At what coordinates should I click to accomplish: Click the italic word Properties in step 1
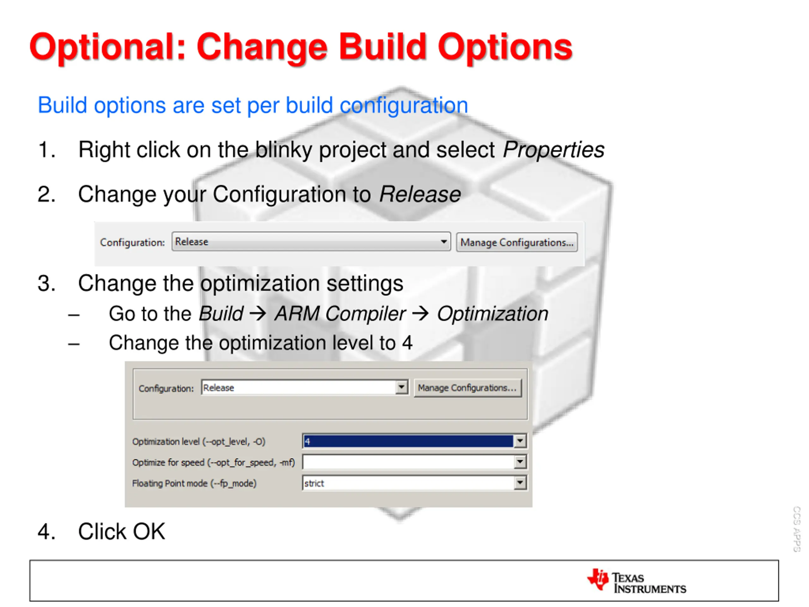(553, 150)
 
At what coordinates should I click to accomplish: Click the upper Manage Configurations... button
(516, 242)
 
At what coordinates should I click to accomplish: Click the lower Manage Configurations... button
(467, 388)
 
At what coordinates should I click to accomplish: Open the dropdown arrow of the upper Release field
(444, 242)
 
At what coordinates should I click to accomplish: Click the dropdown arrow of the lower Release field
(402, 387)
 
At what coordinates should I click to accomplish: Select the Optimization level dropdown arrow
(520, 441)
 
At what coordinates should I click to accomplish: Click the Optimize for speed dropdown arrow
(520, 462)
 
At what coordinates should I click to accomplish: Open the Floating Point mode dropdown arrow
(520, 483)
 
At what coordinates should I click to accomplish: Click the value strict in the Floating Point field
(314, 483)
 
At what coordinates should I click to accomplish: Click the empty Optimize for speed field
(408, 462)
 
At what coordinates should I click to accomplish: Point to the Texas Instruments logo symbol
(598, 579)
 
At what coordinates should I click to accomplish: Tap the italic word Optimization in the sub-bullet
(492, 314)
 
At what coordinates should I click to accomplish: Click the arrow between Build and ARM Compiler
(258, 314)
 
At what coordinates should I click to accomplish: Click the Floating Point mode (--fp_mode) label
(194, 483)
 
